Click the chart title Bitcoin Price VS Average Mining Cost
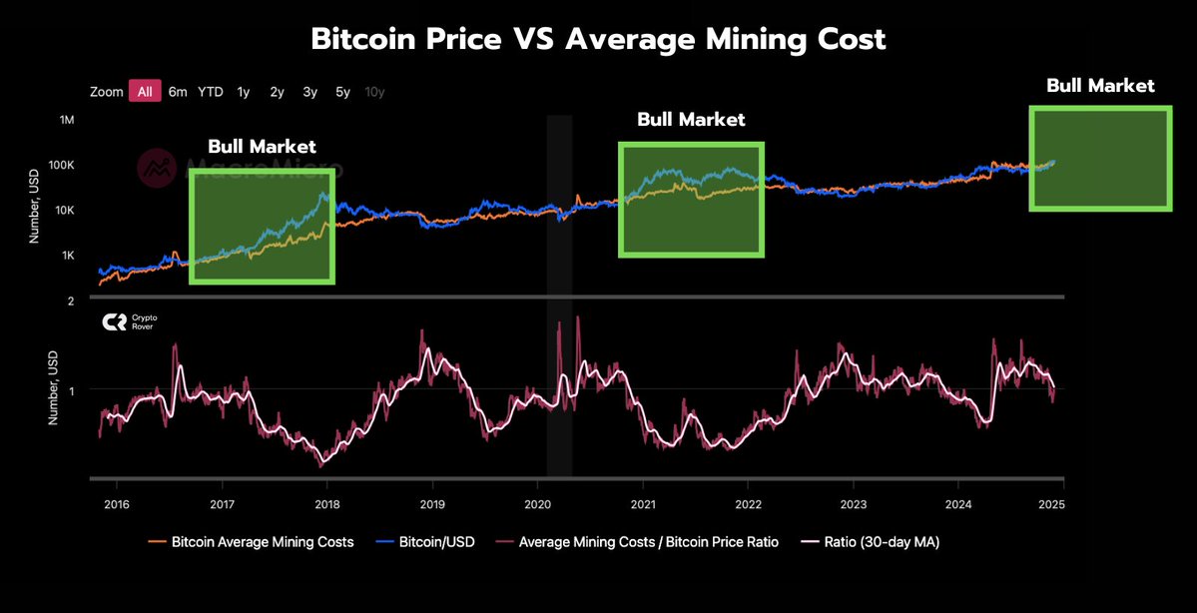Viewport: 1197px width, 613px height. pyautogui.click(x=598, y=39)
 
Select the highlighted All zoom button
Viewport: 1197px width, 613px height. pyautogui.click(x=145, y=92)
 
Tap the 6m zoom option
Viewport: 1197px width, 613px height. pyautogui.click(x=178, y=92)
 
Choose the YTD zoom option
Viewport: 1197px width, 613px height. pyautogui.click(x=211, y=92)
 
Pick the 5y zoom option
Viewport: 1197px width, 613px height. pyautogui.click(x=342, y=92)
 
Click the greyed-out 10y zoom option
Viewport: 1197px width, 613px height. pyautogui.click(x=374, y=92)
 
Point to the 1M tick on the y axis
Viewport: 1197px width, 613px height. pyautogui.click(x=68, y=120)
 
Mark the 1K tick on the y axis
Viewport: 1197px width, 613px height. pyautogui.click(x=68, y=256)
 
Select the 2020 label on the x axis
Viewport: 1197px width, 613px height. pyautogui.click(x=537, y=503)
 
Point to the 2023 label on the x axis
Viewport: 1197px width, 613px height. pyautogui.click(x=854, y=503)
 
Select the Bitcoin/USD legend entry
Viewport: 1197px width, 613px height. pyautogui.click(x=430, y=542)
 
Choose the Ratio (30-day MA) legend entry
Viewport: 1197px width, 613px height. pyautogui.click(x=874, y=542)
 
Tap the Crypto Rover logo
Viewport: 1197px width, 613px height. pyautogui.click(x=130, y=321)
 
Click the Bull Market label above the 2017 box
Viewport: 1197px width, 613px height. pyautogui.click(x=262, y=146)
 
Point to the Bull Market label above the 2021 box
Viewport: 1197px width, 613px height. pyautogui.click(x=691, y=120)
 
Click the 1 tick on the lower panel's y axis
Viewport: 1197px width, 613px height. pyautogui.click(x=71, y=390)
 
